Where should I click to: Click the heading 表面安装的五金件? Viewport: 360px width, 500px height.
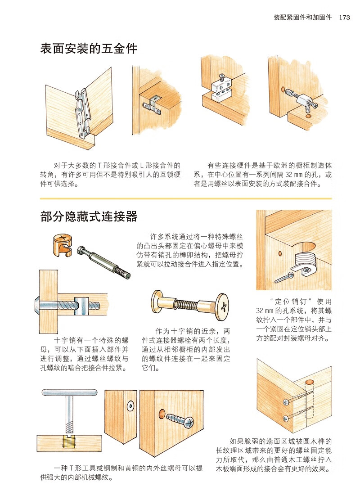pos(89,49)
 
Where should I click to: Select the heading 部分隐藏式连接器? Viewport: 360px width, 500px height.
pos(89,217)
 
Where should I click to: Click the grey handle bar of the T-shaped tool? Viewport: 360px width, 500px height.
pos(70,392)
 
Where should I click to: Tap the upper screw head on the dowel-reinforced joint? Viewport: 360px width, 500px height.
pos(285,401)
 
